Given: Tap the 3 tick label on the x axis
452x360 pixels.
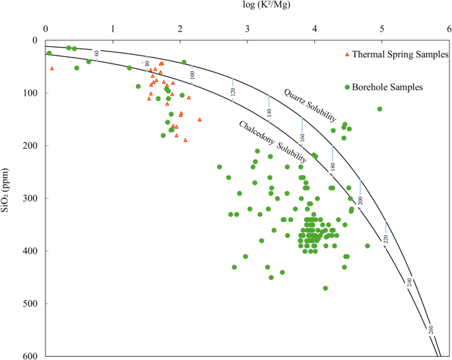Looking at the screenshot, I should coord(247,28).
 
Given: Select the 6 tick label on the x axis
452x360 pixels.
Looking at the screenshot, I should coord(449,28).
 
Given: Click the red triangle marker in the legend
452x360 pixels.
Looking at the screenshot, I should coord(347,54).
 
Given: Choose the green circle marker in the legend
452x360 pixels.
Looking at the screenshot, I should coord(347,87).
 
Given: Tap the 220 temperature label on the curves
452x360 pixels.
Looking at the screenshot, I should coord(386,238).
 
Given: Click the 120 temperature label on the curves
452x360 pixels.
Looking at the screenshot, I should coord(233,93).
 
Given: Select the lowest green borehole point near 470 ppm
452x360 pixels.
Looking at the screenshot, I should coord(325,288).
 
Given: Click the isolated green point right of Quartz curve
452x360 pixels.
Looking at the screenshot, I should coord(379,109).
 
